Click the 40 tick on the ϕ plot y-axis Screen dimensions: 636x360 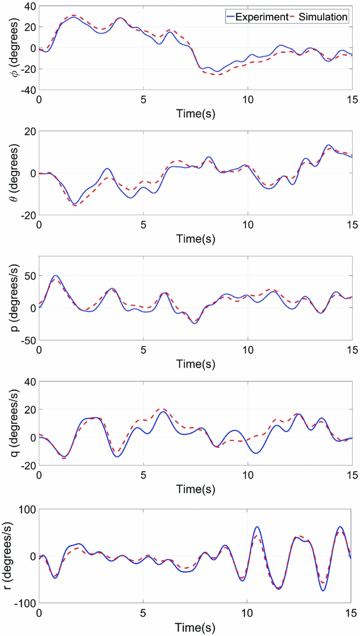pyautogui.click(x=28, y=6)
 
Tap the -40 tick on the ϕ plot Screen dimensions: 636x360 pyautogui.click(x=26, y=90)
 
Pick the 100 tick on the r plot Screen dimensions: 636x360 pyautogui.click(x=26, y=509)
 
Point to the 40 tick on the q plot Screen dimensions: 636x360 pyautogui.click(x=28, y=382)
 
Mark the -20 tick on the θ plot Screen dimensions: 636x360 pyautogui.click(x=26, y=215)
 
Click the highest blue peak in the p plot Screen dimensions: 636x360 pyautogui.click(x=55, y=276)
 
